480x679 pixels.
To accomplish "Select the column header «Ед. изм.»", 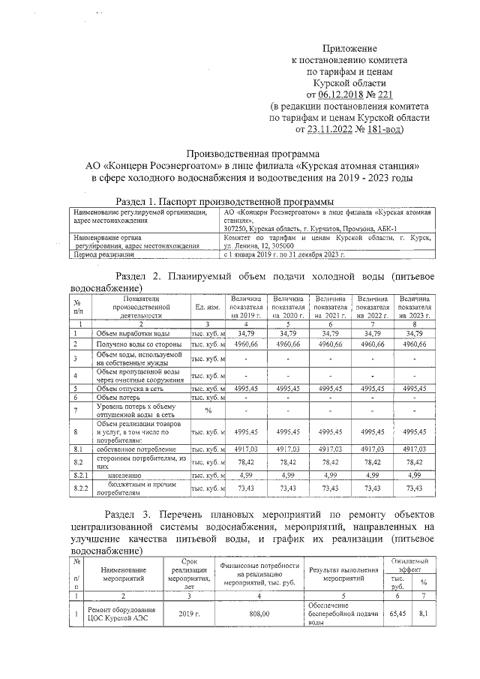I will [206, 308].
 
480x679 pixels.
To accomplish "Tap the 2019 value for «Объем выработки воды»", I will [247, 332].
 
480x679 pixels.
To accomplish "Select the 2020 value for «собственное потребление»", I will [289, 449].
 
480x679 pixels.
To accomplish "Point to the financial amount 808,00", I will [259, 613].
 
